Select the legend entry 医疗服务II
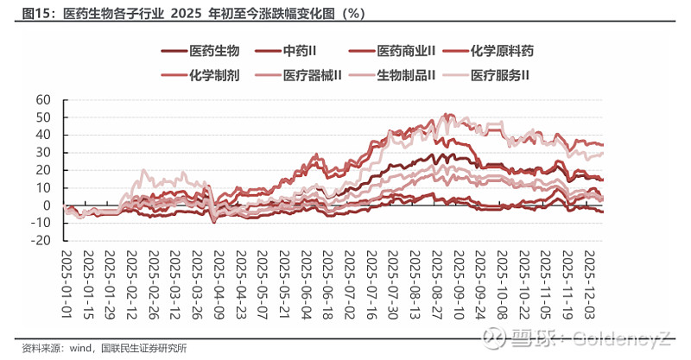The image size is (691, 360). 500,75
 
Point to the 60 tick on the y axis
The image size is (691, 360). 44,99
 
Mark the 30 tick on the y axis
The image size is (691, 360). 44,153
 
